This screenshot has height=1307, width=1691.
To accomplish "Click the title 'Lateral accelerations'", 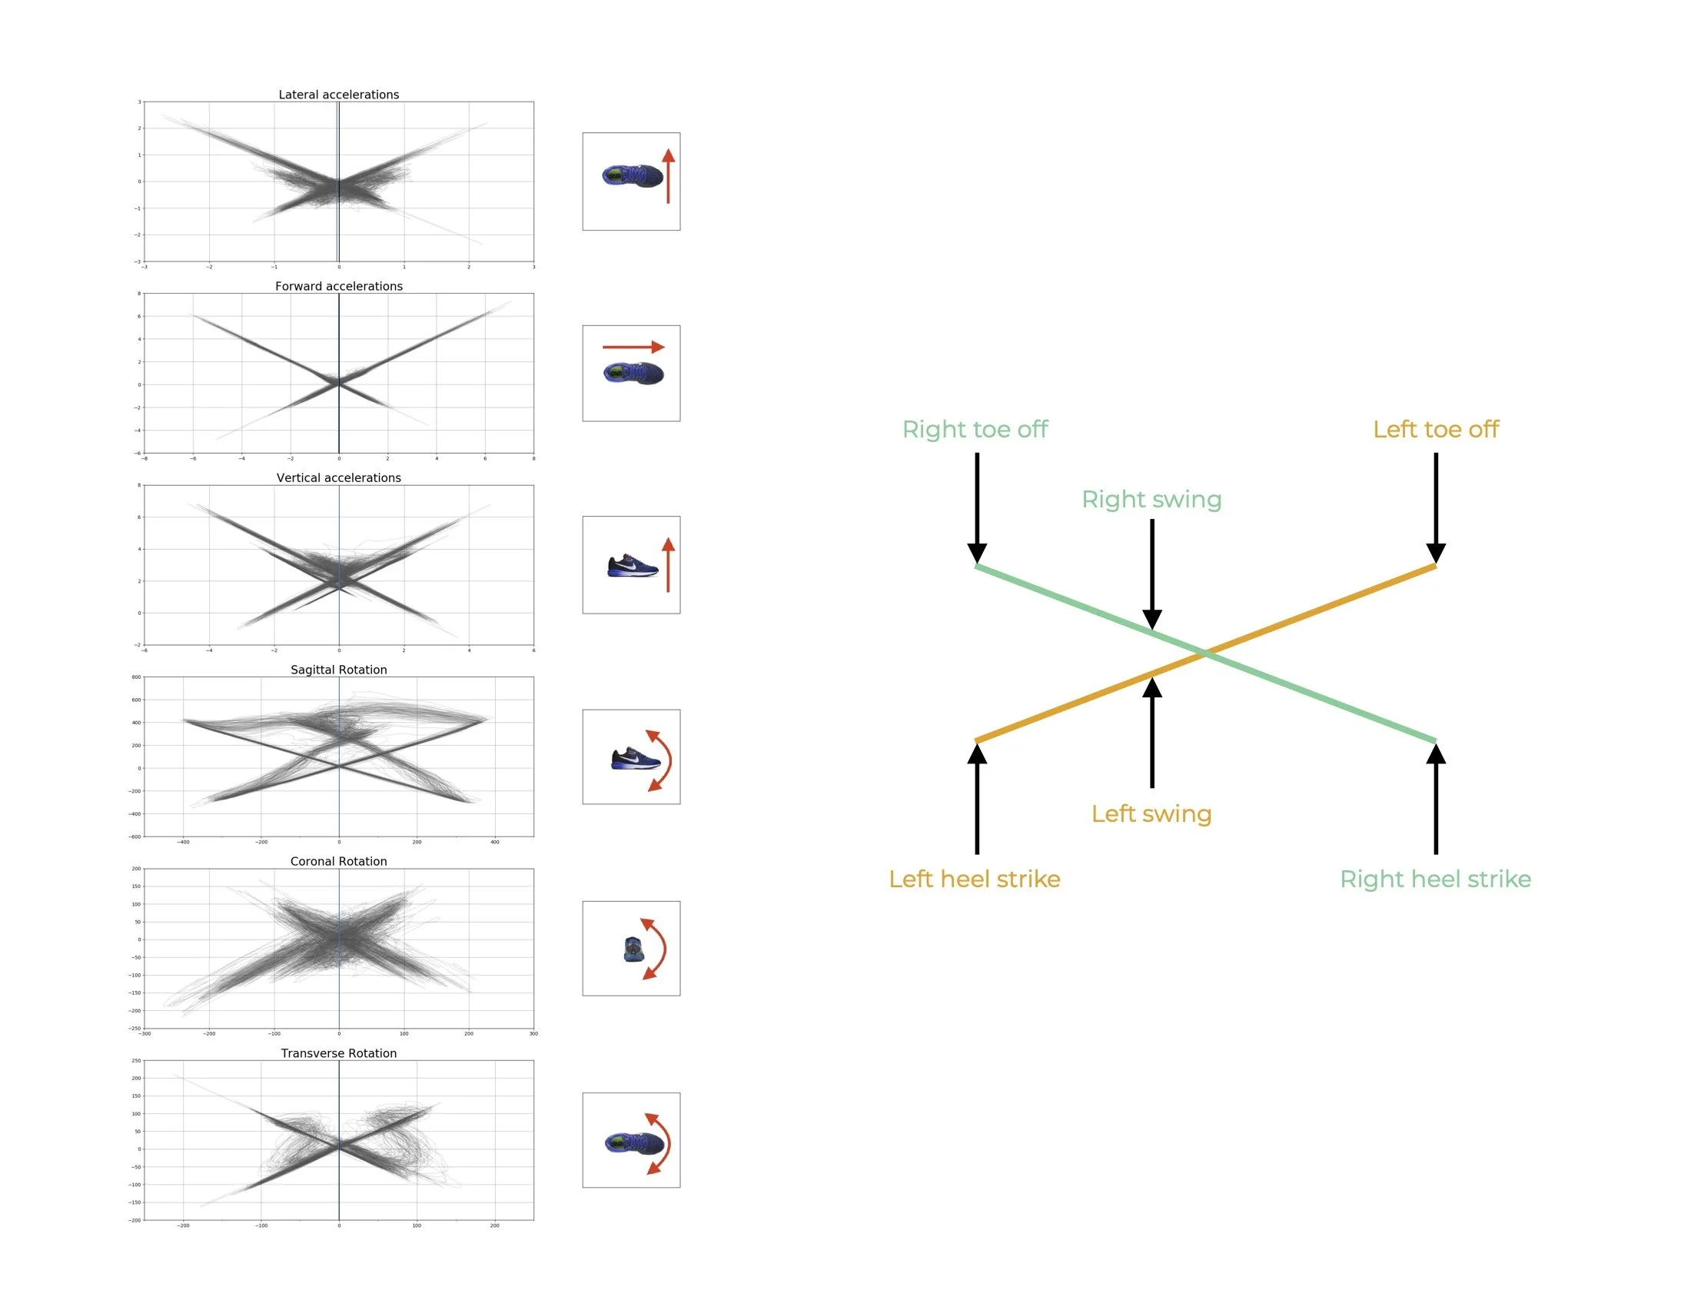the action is point(338,95).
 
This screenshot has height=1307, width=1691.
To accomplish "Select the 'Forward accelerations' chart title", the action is point(338,286).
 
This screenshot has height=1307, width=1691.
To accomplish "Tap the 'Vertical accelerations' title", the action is point(338,477).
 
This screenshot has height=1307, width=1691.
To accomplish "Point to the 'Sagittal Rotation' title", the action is point(338,670).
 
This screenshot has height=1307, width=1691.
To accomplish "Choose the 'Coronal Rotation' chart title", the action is point(338,861).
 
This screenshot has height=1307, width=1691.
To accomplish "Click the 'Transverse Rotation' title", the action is point(338,1053).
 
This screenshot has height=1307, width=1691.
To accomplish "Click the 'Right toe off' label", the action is point(975,429).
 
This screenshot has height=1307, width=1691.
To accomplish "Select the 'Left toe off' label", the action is point(1436,429).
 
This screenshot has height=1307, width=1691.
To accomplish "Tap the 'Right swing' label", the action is point(1151,500).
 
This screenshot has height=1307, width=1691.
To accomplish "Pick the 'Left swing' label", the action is point(1151,813).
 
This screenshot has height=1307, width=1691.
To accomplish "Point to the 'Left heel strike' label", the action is point(974,879).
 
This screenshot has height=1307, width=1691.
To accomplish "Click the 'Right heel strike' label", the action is point(1436,879).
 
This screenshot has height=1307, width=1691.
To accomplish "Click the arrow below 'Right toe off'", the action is point(977,507).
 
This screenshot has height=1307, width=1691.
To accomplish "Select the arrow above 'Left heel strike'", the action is point(977,797).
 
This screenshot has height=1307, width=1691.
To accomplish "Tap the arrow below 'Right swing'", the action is point(1152,573).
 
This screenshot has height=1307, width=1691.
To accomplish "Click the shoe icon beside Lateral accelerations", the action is point(633,176).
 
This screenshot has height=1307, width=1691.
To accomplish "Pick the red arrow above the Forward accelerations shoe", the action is point(633,347).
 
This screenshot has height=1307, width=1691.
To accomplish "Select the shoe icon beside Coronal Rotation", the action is point(633,949).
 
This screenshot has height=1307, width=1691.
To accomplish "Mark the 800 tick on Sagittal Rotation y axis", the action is point(136,677).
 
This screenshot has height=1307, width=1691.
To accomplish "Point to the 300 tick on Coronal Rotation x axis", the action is point(533,1033).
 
